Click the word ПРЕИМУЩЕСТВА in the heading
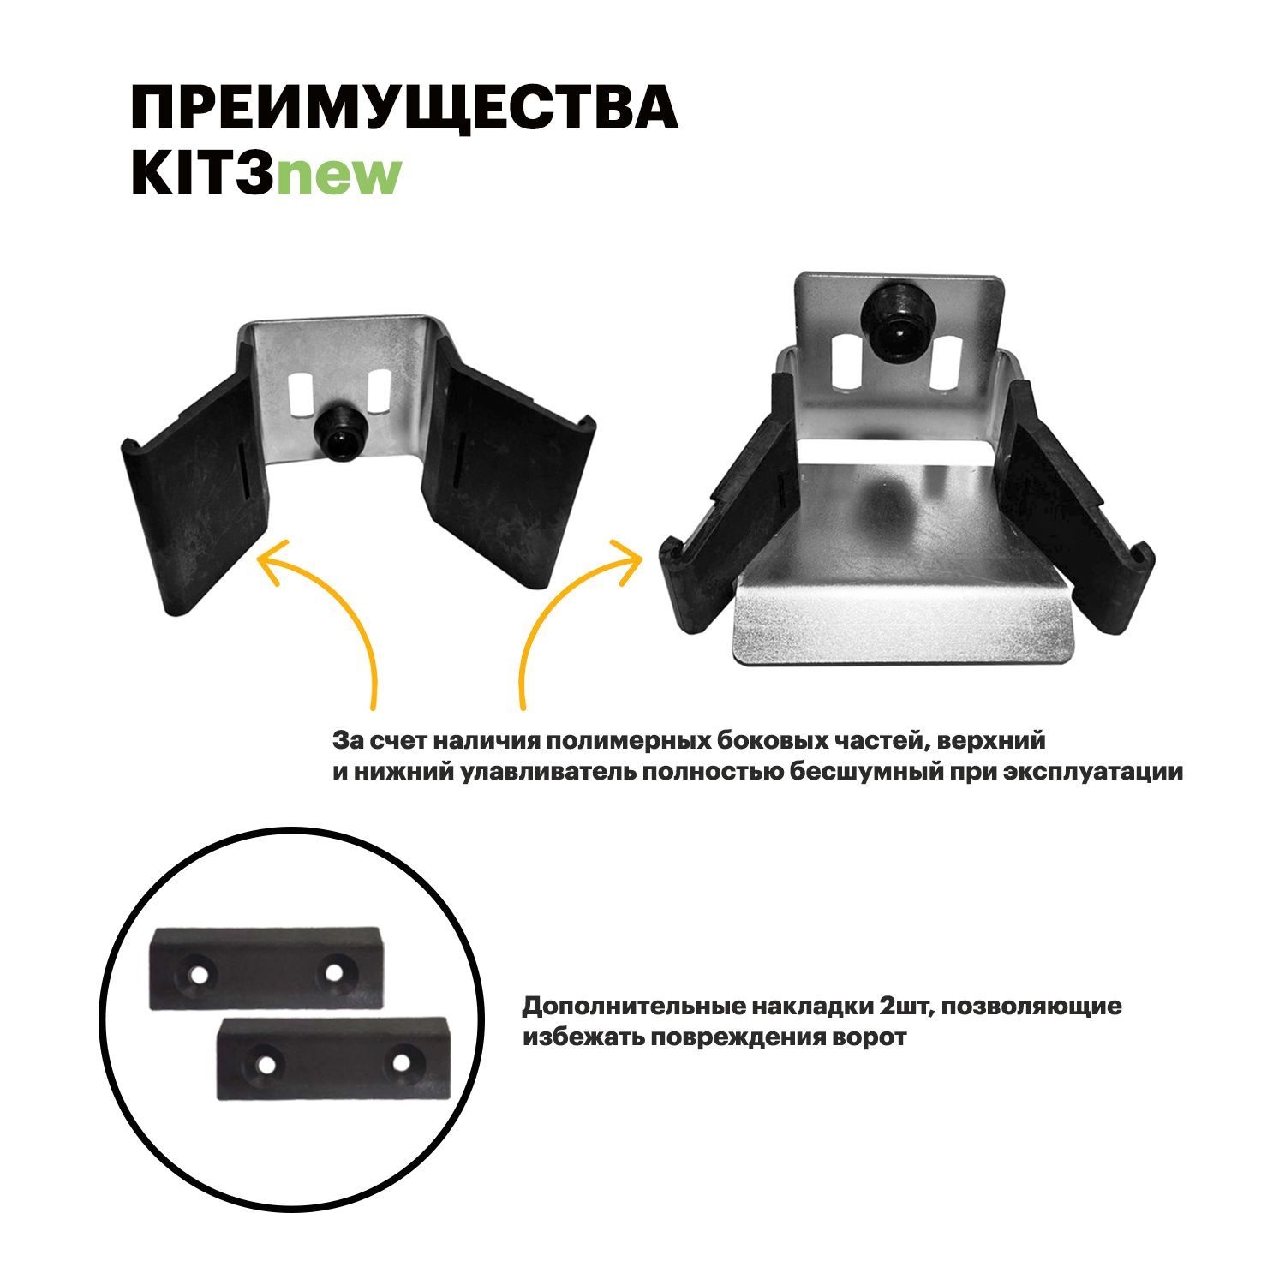(x=403, y=108)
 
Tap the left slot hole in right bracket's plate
(x=846, y=361)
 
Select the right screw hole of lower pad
(x=402, y=1063)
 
